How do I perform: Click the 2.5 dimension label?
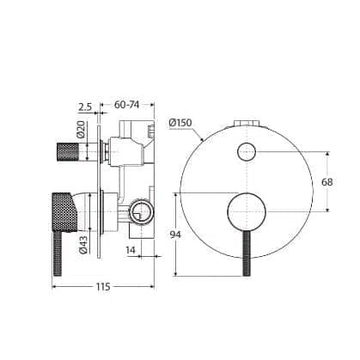(85, 107)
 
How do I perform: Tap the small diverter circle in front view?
(246, 153)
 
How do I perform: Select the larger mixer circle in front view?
(244, 211)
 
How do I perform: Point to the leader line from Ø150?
(197, 133)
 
